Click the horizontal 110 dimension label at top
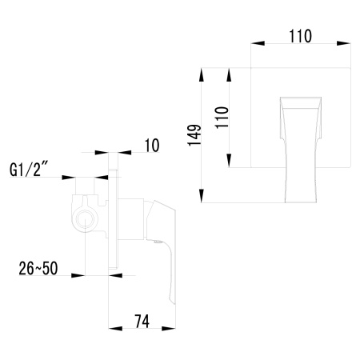[x=300, y=35]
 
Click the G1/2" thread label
[x=31, y=170]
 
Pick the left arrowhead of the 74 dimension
[x=111, y=330]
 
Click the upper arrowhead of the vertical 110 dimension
[x=232, y=72]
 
